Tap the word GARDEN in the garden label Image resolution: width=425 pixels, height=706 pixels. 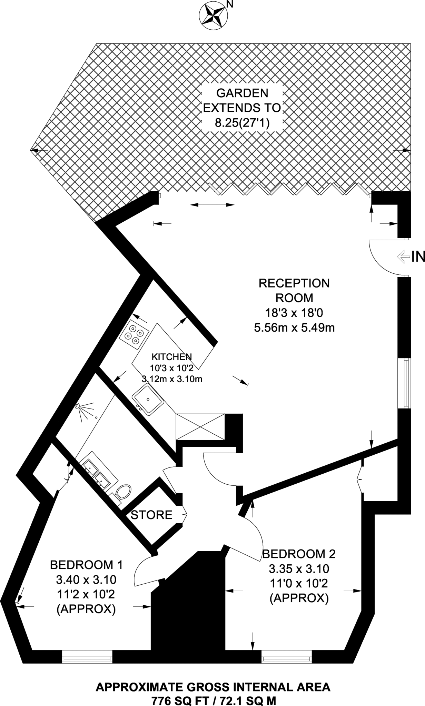242,93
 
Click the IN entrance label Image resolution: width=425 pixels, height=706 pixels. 418,257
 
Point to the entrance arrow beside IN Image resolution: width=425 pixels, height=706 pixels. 403,257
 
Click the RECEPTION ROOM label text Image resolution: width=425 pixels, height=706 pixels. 294,290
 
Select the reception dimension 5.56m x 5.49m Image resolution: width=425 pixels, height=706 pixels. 294,327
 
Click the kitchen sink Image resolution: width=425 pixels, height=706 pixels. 148,400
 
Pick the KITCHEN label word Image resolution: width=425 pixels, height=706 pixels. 172,356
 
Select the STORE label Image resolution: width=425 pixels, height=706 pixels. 151,515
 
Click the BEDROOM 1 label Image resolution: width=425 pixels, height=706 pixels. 86,565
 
